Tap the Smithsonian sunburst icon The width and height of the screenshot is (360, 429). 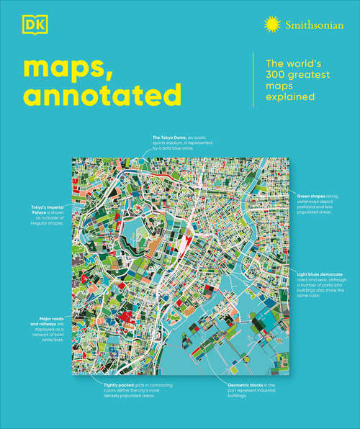(272, 26)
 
